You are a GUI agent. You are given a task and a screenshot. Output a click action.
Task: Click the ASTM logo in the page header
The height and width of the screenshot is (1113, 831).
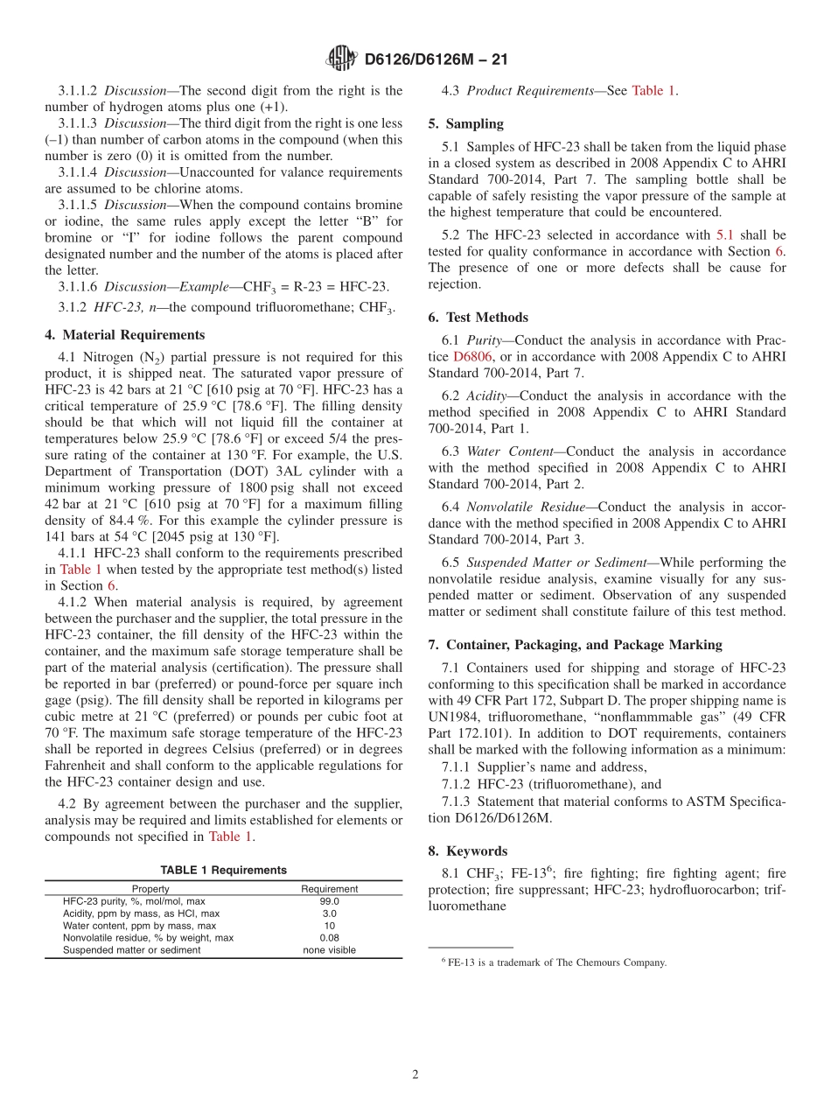(341, 59)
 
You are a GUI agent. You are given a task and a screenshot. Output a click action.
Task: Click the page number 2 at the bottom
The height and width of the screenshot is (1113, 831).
(415, 1074)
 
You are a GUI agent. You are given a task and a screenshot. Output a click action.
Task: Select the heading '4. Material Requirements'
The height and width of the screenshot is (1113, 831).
(125, 335)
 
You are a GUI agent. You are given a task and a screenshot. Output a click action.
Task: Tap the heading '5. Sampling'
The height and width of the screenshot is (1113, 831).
(465, 124)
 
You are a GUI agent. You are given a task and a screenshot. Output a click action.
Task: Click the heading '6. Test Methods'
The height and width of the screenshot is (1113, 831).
(478, 318)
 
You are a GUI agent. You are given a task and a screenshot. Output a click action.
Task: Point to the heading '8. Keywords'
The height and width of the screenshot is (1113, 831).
(468, 850)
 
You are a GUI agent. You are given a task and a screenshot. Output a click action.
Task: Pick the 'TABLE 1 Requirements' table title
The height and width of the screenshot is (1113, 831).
(223, 870)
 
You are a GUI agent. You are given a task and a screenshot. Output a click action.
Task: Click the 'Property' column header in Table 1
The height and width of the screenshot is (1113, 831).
(150, 889)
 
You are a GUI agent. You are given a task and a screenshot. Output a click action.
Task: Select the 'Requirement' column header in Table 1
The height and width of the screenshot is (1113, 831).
(329, 889)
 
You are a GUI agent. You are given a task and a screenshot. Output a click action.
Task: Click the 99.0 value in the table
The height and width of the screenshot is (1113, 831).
(329, 901)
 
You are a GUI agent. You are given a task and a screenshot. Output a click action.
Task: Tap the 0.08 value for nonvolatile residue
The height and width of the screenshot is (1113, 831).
(329, 938)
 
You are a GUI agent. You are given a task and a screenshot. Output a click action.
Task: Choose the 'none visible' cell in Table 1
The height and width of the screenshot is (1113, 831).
(329, 950)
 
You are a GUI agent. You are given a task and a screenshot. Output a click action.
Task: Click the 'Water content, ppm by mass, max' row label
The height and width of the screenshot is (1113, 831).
(139, 926)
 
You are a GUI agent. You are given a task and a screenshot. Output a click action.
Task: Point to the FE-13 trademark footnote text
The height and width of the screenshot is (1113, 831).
(556, 962)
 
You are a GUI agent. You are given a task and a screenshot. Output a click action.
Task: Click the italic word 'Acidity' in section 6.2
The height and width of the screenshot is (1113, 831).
(486, 396)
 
